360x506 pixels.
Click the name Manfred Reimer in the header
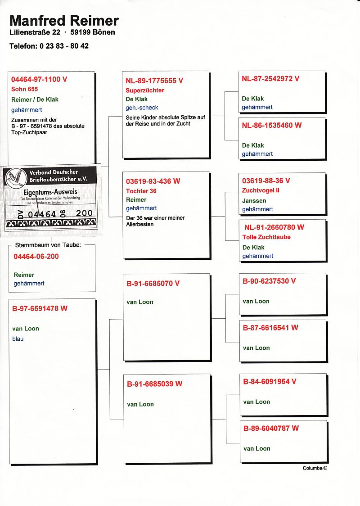[x=64, y=20]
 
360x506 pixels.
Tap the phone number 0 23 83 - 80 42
[x=64, y=46]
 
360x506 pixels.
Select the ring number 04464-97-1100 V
[x=39, y=79]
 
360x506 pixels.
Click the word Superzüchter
[x=145, y=90]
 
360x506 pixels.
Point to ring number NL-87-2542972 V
[x=270, y=78]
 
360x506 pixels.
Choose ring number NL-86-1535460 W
[x=272, y=125]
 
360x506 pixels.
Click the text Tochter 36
[x=141, y=191]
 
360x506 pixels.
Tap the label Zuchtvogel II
[x=261, y=190]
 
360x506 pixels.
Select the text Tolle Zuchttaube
[x=266, y=237]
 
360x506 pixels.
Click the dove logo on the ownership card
[x=15, y=178]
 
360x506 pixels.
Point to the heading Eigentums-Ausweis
[x=50, y=192]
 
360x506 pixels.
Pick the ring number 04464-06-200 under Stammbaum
[x=36, y=257]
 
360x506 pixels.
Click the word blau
[x=18, y=339]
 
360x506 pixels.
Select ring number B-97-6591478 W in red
[x=40, y=308]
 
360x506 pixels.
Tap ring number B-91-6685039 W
[x=154, y=384]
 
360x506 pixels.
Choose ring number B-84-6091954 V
[x=270, y=381]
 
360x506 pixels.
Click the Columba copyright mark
[x=315, y=468]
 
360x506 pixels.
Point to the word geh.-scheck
[x=142, y=108]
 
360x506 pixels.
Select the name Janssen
[x=254, y=200]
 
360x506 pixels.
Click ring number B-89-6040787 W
[x=271, y=428]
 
